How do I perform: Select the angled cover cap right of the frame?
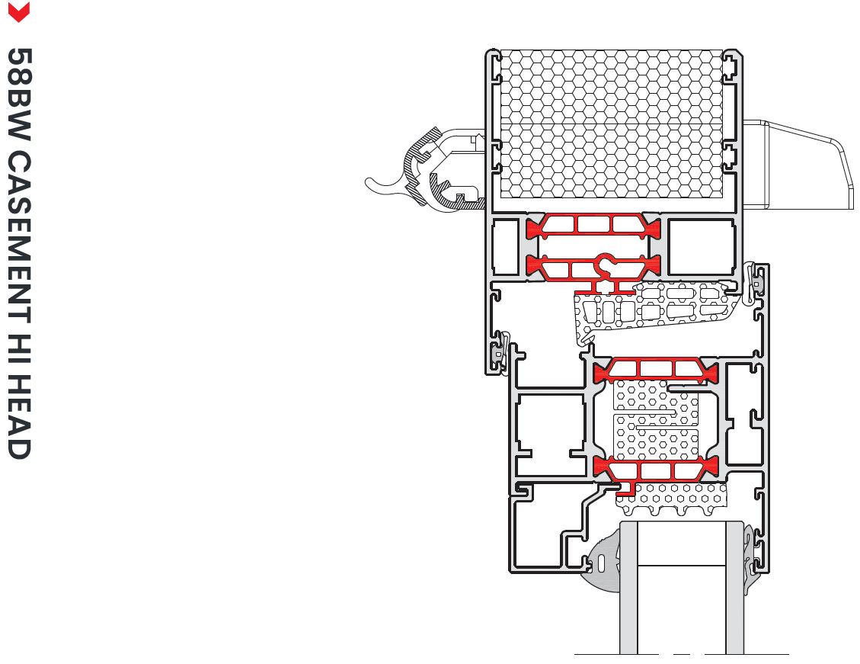pyautogui.click(x=800, y=164)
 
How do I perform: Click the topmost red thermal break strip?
pyautogui.click(x=593, y=225)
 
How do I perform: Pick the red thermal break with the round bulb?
pyautogui.click(x=593, y=265)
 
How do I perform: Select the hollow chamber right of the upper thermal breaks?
pyautogui.click(x=702, y=246)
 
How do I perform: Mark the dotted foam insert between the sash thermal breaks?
pyautogui.click(x=655, y=419)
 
